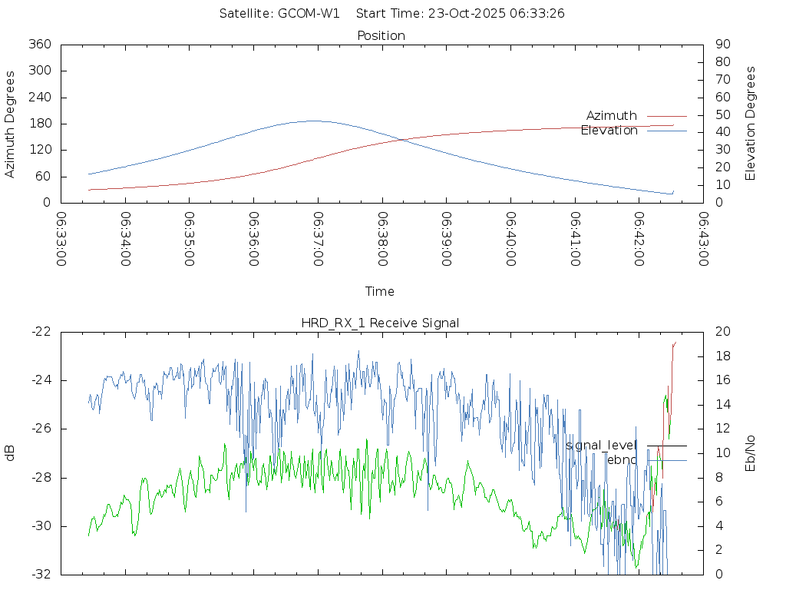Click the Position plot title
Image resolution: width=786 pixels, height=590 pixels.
click(x=381, y=36)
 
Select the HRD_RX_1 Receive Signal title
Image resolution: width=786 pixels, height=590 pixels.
click(x=380, y=323)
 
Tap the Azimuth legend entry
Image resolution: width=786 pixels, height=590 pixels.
click(x=612, y=116)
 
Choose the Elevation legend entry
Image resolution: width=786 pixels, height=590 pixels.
click(x=609, y=131)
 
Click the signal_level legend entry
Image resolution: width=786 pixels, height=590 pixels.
click(x=601, y=446)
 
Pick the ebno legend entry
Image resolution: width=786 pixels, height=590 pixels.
click(x=622, y=459)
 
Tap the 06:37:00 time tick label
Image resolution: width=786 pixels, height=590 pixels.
click(x=318, y=238)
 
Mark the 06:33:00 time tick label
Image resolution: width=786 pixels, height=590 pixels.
click(x=62, y=238)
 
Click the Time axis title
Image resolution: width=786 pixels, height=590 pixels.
click(x=380, y=292)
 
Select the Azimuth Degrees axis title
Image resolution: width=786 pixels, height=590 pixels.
click(x=11, y=124)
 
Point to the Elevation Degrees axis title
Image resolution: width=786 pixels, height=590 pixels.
click(x=751, y=124)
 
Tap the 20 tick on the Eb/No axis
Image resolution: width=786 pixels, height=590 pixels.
click(x=722, y=332)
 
